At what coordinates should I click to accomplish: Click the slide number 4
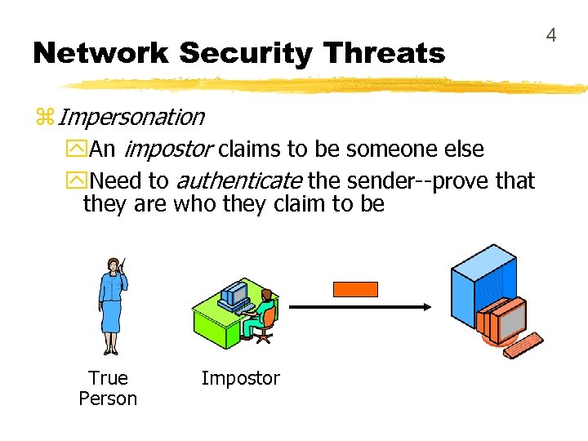pos(551,35)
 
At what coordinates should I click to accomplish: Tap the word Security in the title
pos(246,54)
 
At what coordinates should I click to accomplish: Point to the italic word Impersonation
pos(131,117)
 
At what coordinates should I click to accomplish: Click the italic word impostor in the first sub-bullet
pos(170,149)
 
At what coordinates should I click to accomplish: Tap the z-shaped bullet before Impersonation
pos(44,118)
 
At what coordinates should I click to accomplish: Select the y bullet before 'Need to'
pos(79,180)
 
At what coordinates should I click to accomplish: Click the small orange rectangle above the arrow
pos(355,288)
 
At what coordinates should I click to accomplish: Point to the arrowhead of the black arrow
pos(425,307)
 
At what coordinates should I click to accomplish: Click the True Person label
pos(108,388)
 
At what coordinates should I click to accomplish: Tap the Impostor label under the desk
pos(240,378)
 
